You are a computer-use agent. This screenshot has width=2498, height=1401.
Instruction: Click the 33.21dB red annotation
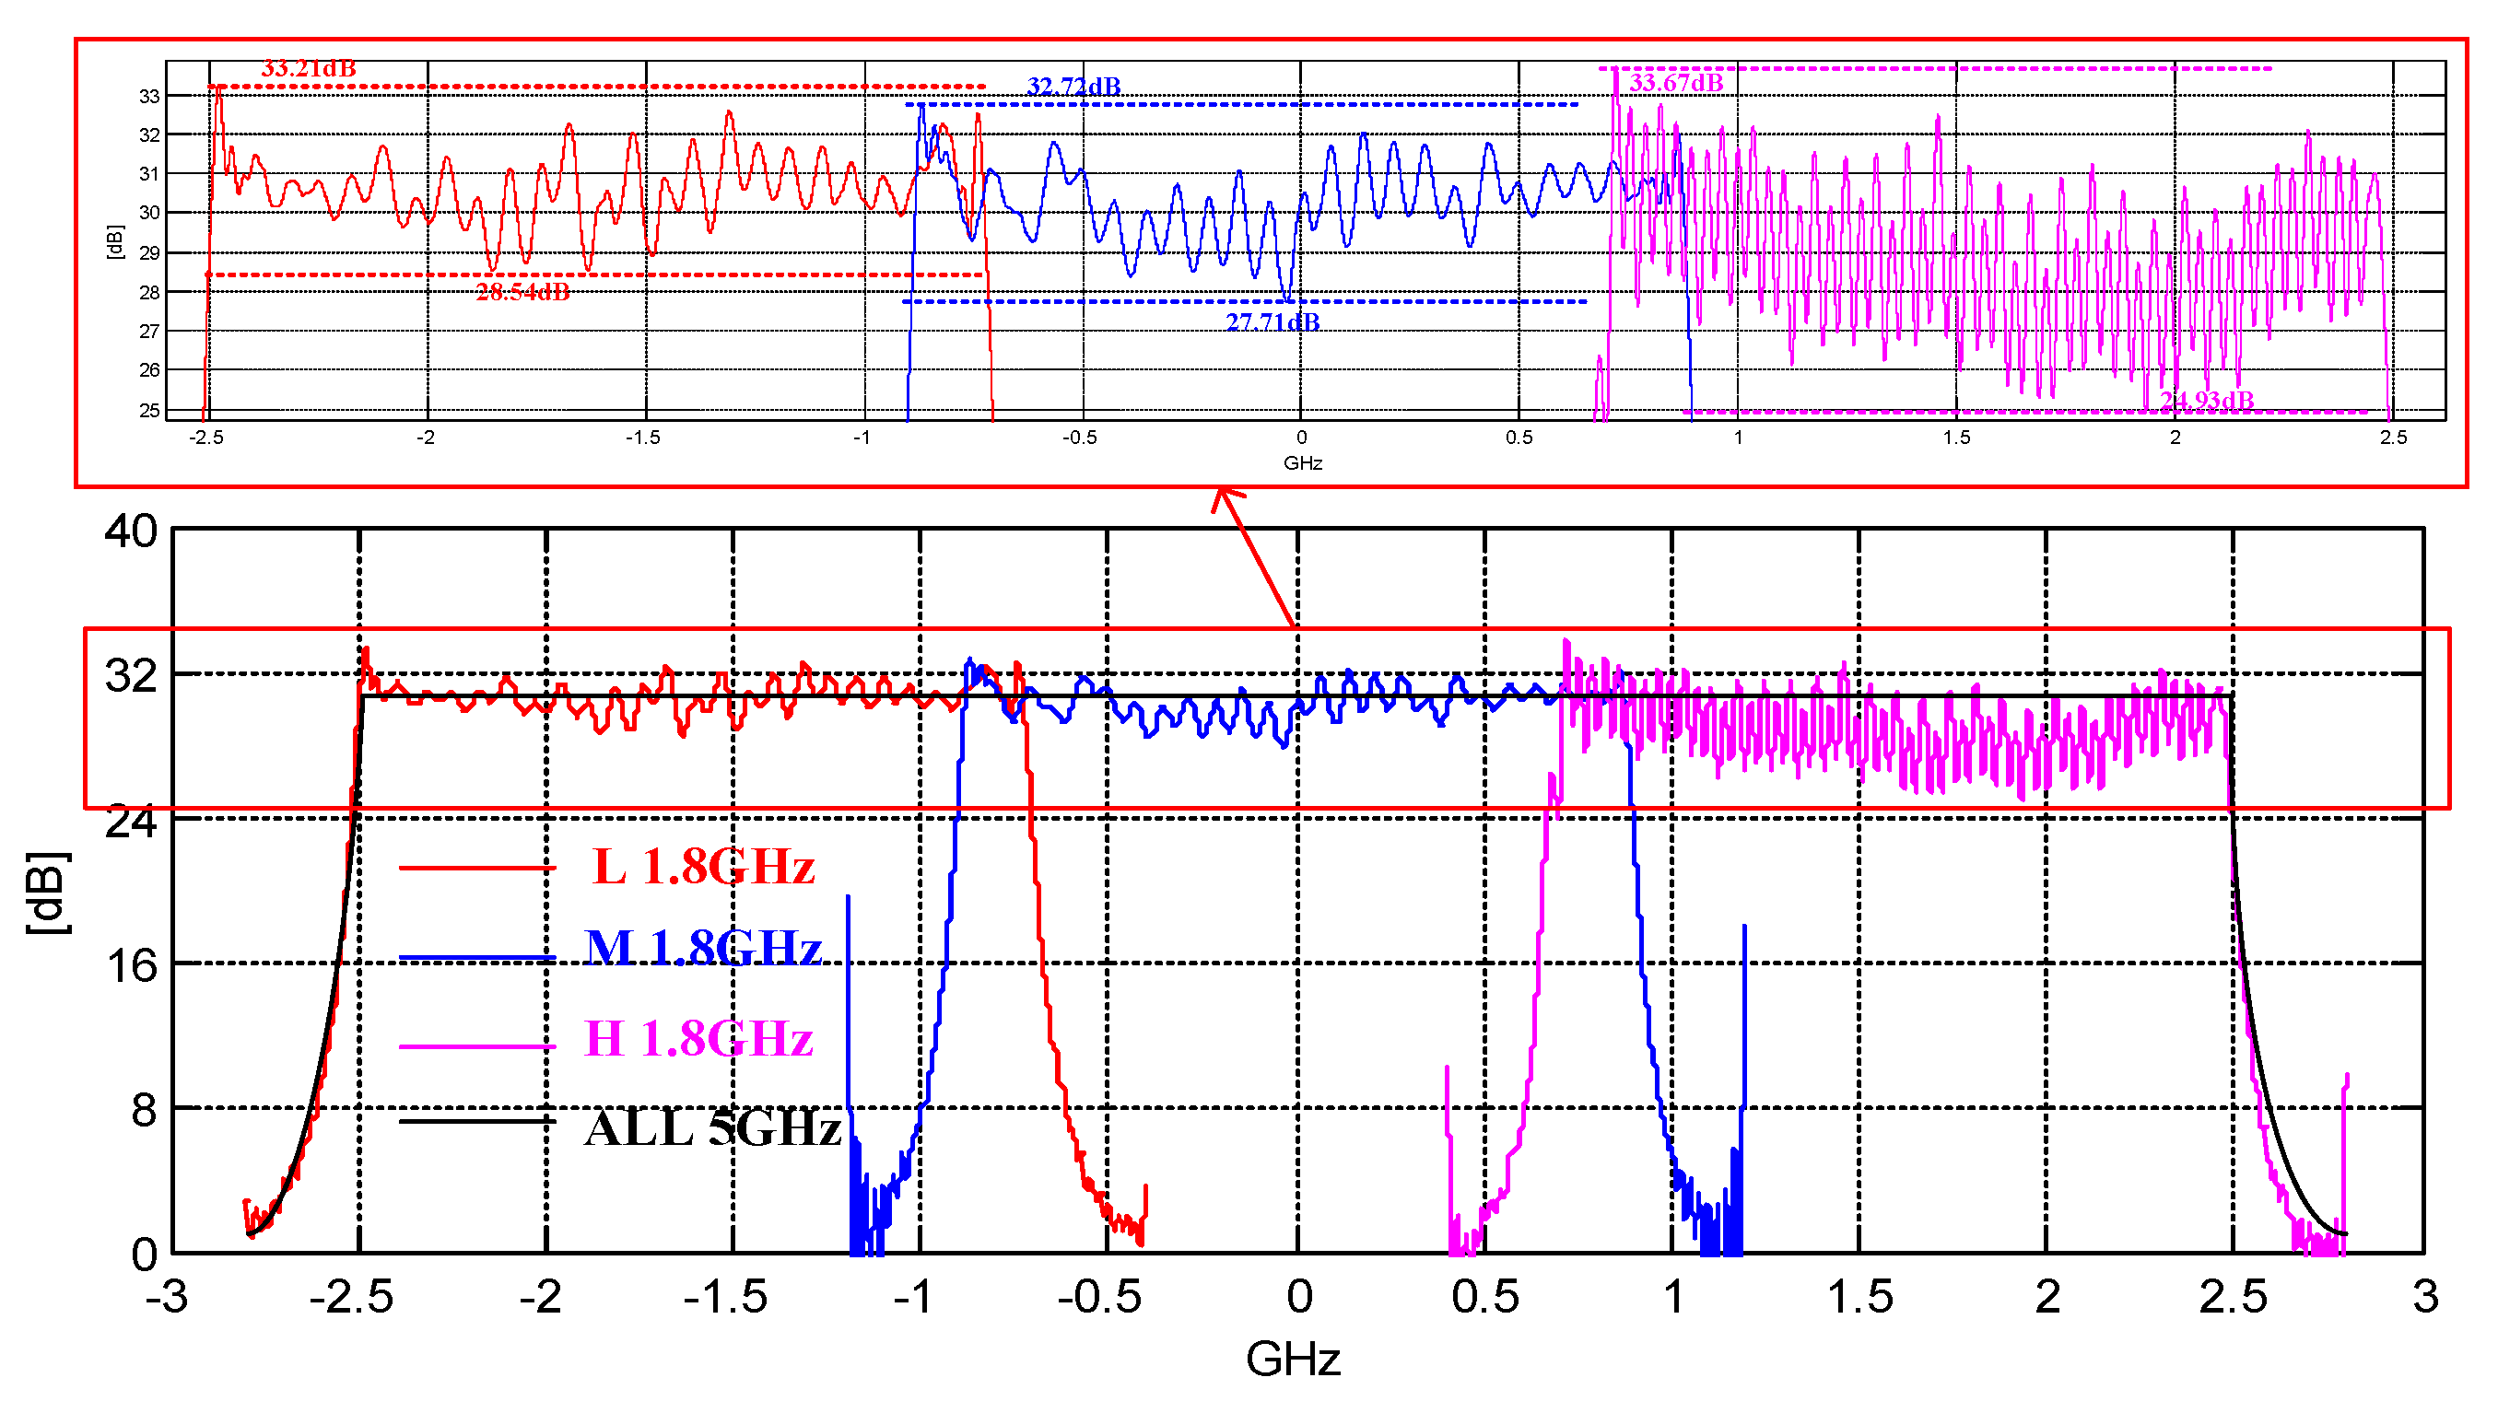[x=309, y=69]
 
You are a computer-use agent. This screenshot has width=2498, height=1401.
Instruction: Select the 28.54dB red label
[x=522, y=292]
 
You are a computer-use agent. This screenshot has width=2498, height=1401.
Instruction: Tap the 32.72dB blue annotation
[x=1073, y=87]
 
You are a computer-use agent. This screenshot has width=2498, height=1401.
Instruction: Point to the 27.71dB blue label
[x=1272, y=321]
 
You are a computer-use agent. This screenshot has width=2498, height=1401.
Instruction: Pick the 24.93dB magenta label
[x=2207, y=401]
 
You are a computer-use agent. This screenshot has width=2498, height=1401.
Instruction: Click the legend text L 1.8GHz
[x=703, y=866]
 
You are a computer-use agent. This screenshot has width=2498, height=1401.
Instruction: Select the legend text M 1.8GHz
[x=703, y=947]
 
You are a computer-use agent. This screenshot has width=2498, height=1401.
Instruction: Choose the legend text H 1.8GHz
[x=698, y=1038]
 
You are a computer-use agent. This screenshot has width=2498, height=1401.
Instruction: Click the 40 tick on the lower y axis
[x=131, y=531]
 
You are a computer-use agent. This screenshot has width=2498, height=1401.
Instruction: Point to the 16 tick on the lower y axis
[x=131, y=965]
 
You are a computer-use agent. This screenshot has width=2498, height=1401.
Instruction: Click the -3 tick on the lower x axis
[x=167, y=1296]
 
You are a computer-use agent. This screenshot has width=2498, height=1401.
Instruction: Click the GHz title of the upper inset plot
[x=1302, y=463]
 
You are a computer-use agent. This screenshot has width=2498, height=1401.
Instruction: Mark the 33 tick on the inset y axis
[x=148, y=96]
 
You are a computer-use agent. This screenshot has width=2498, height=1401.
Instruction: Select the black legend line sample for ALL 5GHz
[x=477, y=1122]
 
